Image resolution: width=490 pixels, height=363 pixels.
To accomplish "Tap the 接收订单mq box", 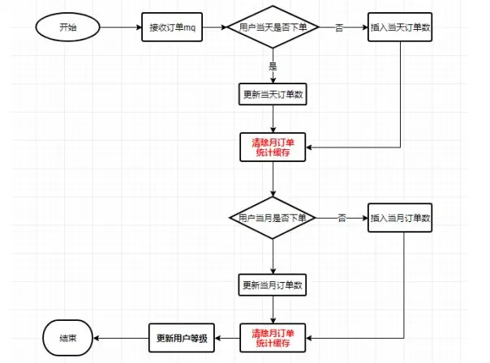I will pyautogui.click(x=171, y=28).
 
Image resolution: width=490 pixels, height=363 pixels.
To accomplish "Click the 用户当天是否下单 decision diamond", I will pyautogui.click(x=273, y=28).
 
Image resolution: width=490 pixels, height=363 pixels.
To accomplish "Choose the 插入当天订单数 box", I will pyautogui.click(x=401, y=28).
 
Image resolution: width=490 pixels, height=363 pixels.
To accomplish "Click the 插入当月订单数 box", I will pyautogui.click(x=401, y=218).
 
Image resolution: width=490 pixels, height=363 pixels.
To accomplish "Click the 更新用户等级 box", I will pyautogui.click(x=181, y=337).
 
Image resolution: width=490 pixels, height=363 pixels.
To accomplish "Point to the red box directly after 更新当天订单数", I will pyautogui.click(x=273, y=147).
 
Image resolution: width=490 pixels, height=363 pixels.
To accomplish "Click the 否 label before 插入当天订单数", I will pyautogui.click(x=339, y=28).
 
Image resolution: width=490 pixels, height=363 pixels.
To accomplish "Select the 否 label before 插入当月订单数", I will pyautogui.click(x=342, y=218).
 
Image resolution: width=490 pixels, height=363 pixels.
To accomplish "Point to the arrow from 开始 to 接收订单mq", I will pyautogui.click(x=118, y=28).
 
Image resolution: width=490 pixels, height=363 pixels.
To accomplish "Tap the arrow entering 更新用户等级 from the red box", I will pyautogui.click(x=227, y=337).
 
